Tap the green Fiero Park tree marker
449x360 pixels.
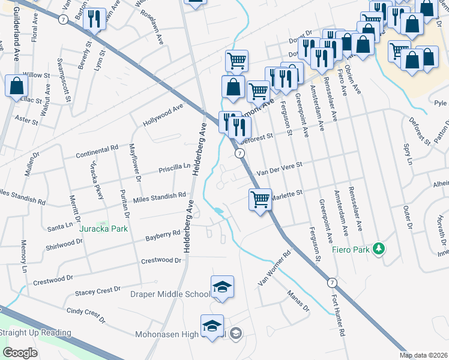(x=378, y=248)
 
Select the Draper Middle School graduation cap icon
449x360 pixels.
(x=221, y=287)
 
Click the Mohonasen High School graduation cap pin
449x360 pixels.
(x=212, y=326)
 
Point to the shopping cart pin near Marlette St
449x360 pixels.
(x=260, y=199)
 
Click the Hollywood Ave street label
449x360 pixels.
(x=163, y=115)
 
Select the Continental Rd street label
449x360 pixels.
(x=97, y=152)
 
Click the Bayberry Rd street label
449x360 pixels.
(x=163, y=236)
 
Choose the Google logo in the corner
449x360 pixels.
(x=20, y=353)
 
